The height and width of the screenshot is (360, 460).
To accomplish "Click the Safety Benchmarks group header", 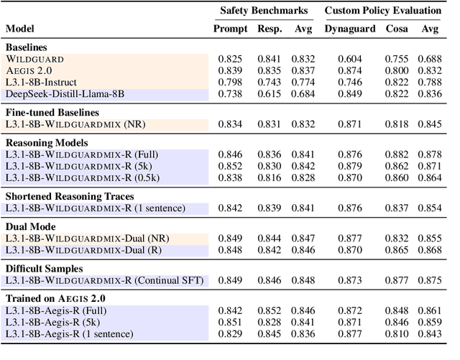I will [x=264, y=11].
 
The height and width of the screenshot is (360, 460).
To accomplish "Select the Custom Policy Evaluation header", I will [x=382, y=11].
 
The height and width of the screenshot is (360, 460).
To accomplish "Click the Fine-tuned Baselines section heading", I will [x=52, y=112].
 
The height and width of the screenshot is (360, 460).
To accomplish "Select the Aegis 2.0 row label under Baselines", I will [x=32, y=70].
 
